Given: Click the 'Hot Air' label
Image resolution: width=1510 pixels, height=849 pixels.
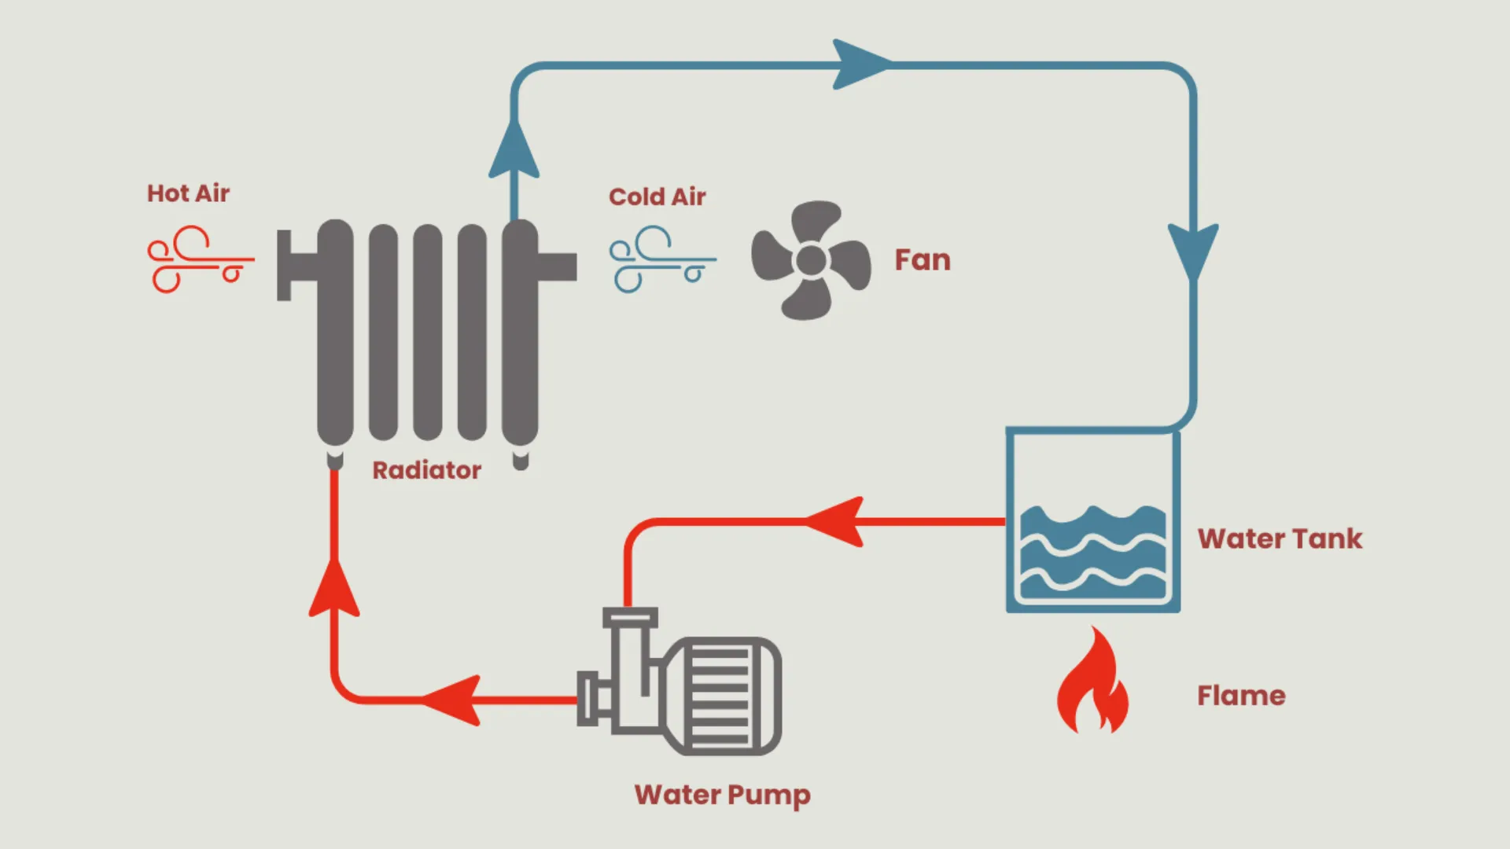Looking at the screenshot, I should click(x=188, y=193).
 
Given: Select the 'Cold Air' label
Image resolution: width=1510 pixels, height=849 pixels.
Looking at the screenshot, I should click(x=657, y=197).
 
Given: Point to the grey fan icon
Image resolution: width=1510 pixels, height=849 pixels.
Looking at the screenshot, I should click(x=811, y=260).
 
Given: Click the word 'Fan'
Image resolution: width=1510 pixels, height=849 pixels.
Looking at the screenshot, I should click(x=923, y=260).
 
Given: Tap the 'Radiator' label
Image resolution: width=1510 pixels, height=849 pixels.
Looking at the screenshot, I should click(x=426, y=470).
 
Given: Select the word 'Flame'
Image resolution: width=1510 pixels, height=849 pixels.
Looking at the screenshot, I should click(x=1241, y=696).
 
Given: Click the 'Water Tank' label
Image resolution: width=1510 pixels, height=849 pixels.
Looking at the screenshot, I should click(x=1280, y=538).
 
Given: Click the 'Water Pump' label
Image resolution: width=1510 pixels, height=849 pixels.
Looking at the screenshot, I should click(x=722, y=795).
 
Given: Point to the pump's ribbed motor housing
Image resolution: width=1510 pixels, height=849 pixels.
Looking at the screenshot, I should click(x=720, y=696).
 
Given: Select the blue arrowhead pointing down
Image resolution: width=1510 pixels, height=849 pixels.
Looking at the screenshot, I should click(x=1193, y=250).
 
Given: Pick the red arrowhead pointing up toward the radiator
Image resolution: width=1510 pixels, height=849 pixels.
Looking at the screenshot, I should click(x=334, y=590).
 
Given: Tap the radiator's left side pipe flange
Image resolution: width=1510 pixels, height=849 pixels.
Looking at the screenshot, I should click(x=285, y=265).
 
